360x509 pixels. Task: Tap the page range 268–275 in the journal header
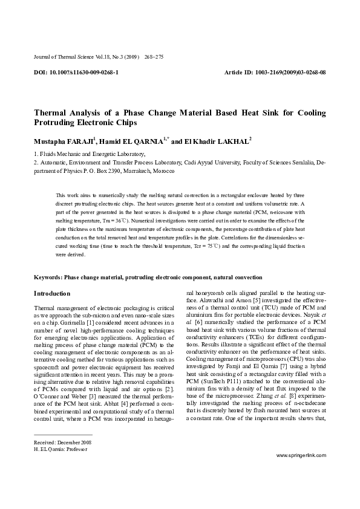pos(154,57)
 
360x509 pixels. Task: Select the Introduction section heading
pos(52,294)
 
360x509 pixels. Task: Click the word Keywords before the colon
pos(47,277)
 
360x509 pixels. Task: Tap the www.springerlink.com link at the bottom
pos(300,471)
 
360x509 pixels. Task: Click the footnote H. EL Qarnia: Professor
pos(61,450)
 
